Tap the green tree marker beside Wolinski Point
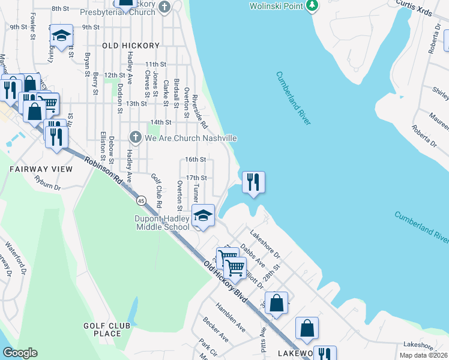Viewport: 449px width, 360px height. (311, 6)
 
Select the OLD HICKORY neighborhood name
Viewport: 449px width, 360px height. (131, 46)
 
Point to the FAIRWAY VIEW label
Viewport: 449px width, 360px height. (41, 169)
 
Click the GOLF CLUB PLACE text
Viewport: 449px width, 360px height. (107, 329)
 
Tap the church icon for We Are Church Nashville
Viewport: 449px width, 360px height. (135, 138)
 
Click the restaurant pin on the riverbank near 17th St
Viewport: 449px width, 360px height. (253, 182)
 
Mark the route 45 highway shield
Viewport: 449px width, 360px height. (140, 199)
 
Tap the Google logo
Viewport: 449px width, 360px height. (20, 353)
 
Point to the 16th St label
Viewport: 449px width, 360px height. (196, 160)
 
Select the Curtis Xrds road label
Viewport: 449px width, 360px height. (414, 12)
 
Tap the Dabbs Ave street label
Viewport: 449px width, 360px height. (252, 254)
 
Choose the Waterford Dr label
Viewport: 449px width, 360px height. (14, 254)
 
